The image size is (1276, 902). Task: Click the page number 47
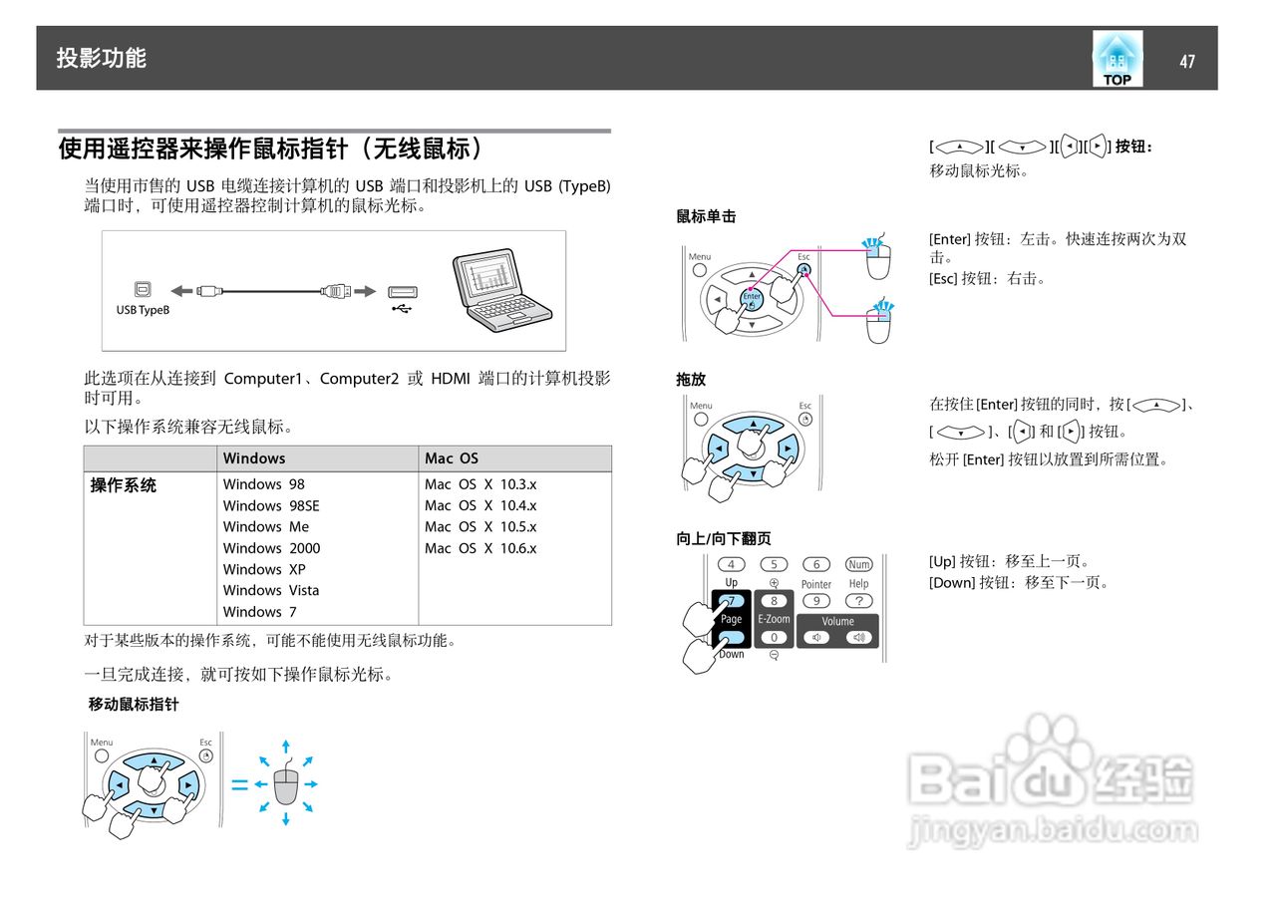point(1186,62)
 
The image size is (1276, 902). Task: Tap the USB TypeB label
point(143,310)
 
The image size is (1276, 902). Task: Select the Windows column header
point(254,458)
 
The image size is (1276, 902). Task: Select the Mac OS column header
point(452,458)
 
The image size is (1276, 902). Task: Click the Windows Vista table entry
point(271,590)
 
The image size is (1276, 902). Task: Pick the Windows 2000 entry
point(271,548)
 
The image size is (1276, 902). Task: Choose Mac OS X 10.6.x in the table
point(480,548)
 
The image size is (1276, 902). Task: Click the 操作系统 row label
point(124,485)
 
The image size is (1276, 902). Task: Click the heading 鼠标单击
point(706,216)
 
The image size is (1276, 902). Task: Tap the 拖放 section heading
point(691,380)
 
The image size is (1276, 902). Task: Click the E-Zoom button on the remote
point(774,619)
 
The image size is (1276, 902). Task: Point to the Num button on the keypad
point(858,564)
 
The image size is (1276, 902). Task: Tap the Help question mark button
point(858,601)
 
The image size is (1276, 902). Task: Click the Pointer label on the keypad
point(816,584)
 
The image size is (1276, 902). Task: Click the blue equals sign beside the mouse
point(240,784)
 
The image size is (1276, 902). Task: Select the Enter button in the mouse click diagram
point(752,296)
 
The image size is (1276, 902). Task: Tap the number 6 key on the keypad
point(816,564)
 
